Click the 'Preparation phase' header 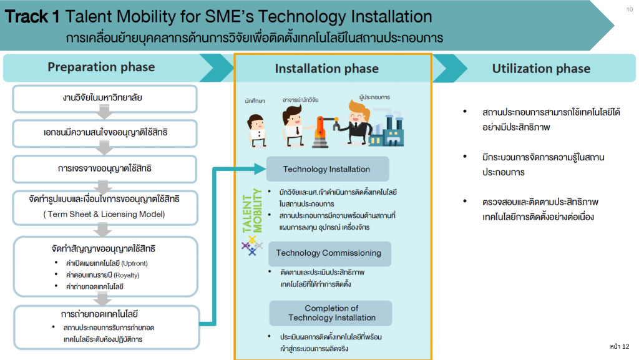click(x=101, y=67)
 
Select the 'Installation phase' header click(x=326, y=69)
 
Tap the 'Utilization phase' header click(x=540, y=69)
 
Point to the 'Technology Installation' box click(x=326, y=169)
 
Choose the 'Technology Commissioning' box click(x=328, y=253)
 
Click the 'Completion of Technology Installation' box click(x=331, y=313)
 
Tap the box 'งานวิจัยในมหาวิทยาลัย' click(x=105, y=98)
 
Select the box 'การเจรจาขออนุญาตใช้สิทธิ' click(x=105, y=168)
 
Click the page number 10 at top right click(x=628, y=9)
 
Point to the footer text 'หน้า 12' click(x=619, y=346)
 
